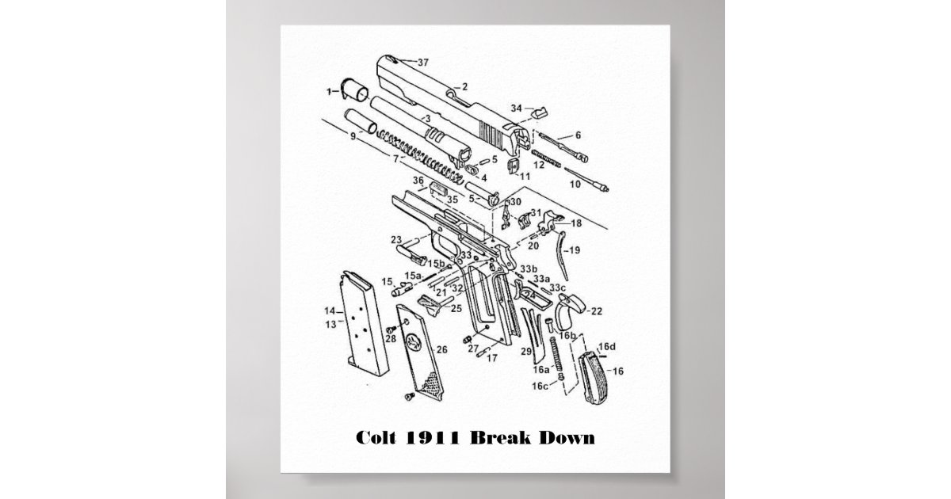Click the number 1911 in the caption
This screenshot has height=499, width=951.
click(435, 437)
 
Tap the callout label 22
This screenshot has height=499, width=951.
click(596, 310)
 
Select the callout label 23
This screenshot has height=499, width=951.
click(395, 239)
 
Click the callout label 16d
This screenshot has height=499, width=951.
click(607, 348)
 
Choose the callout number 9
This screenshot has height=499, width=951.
click(353, 136)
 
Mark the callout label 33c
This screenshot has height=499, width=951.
click(558, 287)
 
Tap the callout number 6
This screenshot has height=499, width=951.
click(578, 135)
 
